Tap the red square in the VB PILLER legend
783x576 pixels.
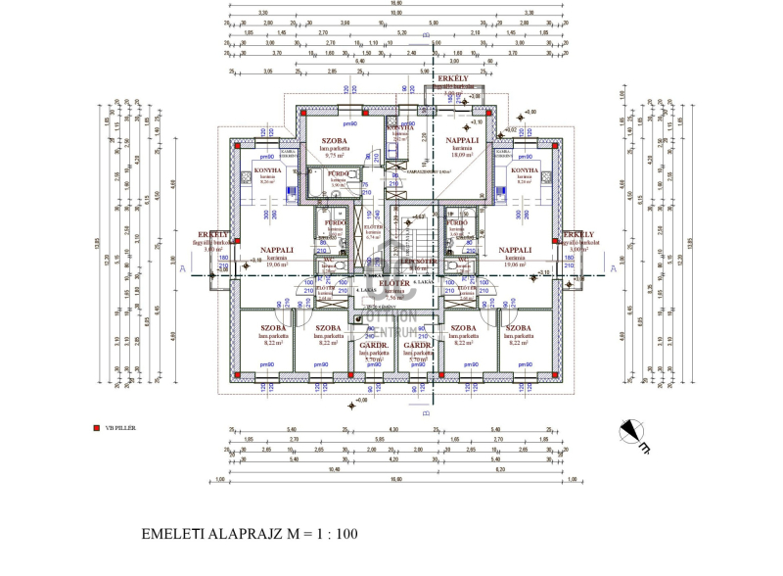click(95, 428)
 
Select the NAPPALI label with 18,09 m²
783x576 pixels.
click(463, 140)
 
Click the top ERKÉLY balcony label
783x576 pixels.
click(452, 78)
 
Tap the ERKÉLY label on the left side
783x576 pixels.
click(212, 235)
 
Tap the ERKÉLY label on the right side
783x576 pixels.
click(578, 235)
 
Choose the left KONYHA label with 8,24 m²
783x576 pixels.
click(266, 169)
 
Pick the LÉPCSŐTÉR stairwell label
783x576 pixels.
click(418, 262)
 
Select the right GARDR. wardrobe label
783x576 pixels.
click(419, 346)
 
